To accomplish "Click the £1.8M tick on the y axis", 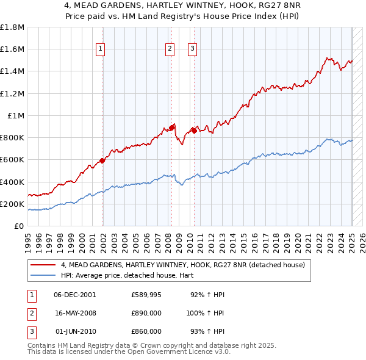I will point(12,27).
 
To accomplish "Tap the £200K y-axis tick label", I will point(12,204).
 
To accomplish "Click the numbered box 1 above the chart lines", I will point(99,49).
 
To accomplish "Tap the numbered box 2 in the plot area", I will point(170,49).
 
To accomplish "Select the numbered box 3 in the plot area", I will point(192,49).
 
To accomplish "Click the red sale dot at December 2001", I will point(102,161).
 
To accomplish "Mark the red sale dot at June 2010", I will point(194,131).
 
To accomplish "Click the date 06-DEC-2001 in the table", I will point(75,295).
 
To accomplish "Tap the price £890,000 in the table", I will point(146,313).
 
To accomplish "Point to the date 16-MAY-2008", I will point(75,313).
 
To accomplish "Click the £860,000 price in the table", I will point(146,331).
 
